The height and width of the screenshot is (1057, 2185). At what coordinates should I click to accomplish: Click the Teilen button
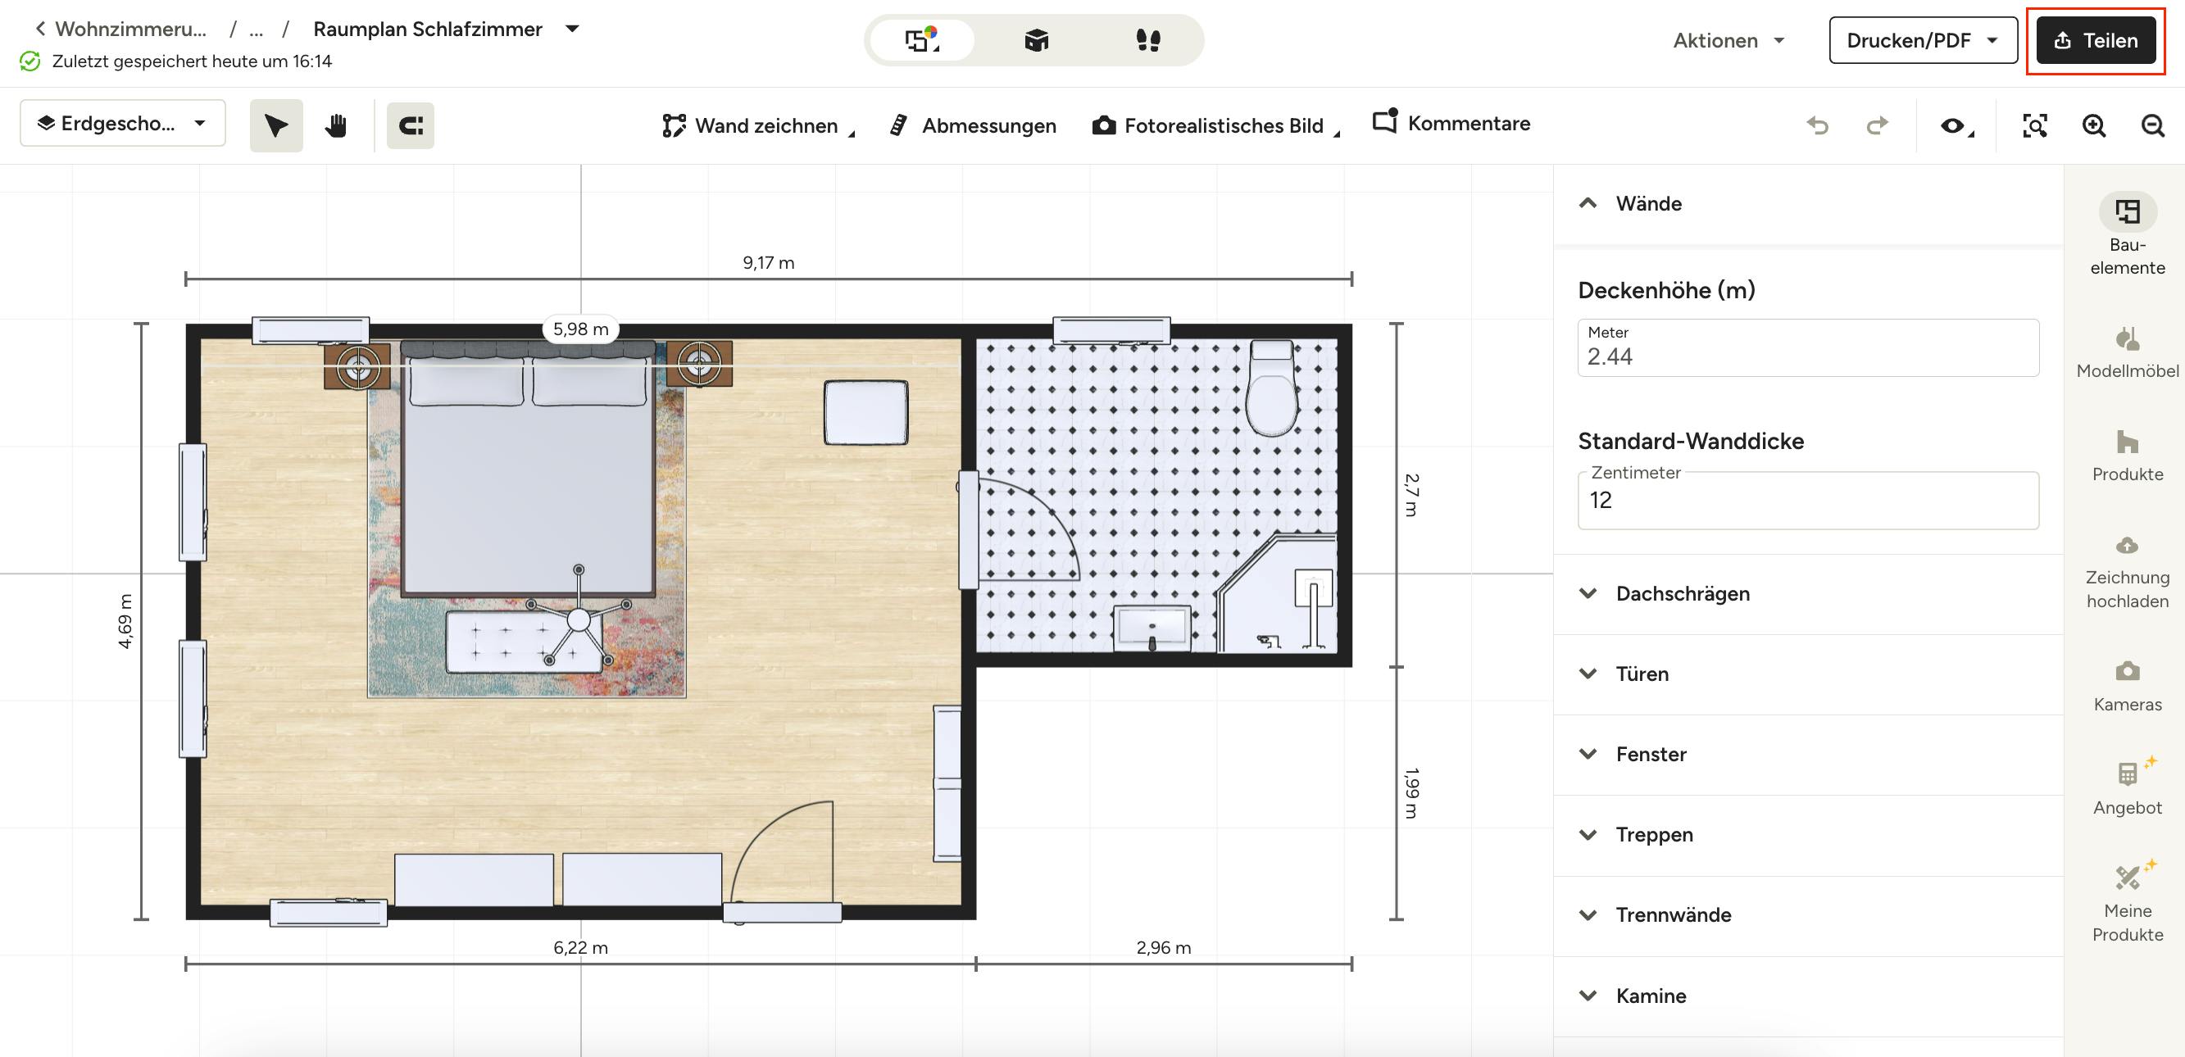coord(2095,40)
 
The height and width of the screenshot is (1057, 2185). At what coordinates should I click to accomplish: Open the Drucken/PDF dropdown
coord(1922,40)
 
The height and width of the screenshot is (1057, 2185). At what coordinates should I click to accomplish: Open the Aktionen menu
coord(1728,40)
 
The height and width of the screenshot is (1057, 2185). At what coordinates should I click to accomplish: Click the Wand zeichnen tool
coord(757,125)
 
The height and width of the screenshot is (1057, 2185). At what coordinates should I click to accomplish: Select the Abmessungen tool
coord(972,125)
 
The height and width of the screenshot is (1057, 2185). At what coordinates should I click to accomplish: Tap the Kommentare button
coord(1451,123)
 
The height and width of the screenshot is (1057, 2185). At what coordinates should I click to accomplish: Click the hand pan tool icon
coord(336,125)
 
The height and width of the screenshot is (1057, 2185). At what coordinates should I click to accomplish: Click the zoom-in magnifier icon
coord(2093,125)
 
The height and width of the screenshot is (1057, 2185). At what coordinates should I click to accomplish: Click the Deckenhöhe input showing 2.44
coord(1807,347)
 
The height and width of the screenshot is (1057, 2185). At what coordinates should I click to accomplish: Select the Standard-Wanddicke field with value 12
coord(1807,501)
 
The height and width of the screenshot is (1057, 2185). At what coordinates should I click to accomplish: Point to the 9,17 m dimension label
coord(769,263)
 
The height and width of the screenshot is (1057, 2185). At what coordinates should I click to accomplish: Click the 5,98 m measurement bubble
coord(581,329)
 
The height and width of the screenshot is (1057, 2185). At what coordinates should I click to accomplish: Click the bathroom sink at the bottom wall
coord(1152,628)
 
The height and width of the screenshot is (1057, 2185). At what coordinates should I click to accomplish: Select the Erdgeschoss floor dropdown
coord(123,124)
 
